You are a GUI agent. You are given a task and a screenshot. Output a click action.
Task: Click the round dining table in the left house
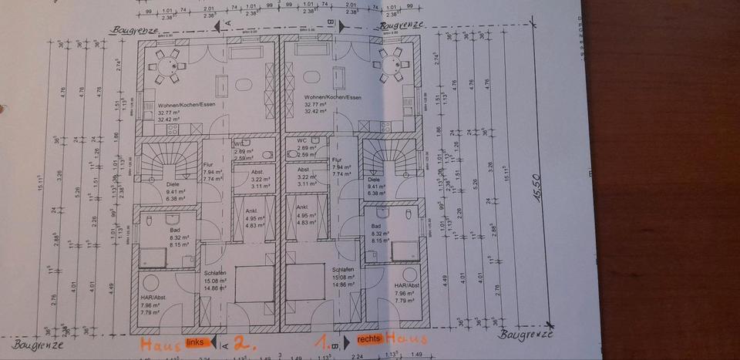(166, 65)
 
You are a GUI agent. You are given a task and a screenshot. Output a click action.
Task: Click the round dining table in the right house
(389, 64)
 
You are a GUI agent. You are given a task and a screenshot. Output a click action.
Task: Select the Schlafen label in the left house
(214, 274)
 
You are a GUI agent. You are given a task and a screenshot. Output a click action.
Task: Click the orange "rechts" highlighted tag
(370, 339)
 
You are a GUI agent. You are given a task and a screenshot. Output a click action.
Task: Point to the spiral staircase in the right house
(388, 162)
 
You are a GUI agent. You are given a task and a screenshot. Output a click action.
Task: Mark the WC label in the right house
(302, 140)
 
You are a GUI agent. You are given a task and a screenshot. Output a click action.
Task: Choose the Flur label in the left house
(208, 165)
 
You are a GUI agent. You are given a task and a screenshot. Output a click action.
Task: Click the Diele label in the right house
(376, 179)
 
